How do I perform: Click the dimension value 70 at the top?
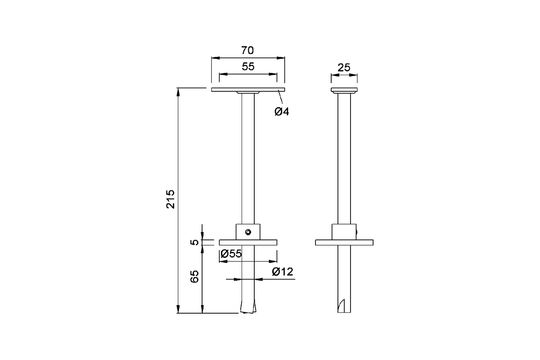[248, 49]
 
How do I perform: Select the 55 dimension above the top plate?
[248, 67]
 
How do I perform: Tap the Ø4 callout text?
[282, 111]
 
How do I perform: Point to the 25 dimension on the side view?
[344, 67]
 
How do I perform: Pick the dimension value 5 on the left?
[194, 242]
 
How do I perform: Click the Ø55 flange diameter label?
[231, 253]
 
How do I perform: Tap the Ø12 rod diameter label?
[282, 271]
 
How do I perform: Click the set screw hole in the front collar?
[247, 232]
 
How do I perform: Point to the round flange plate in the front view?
[270, 243]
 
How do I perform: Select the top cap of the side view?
[344, 90]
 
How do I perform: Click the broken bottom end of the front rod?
[248, 308]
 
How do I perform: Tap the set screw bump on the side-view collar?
[357, 233]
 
